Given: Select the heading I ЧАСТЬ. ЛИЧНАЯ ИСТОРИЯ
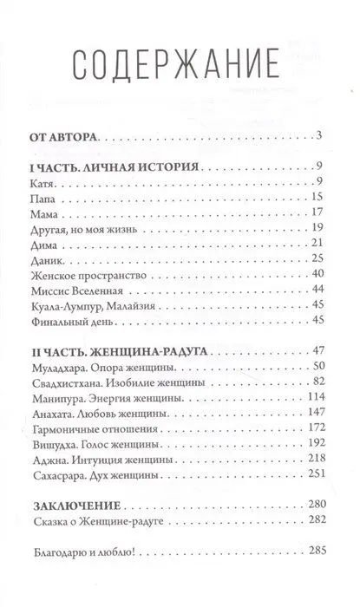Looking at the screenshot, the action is click(x=108, y=166).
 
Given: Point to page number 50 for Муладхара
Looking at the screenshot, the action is click(x=315, y=367).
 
